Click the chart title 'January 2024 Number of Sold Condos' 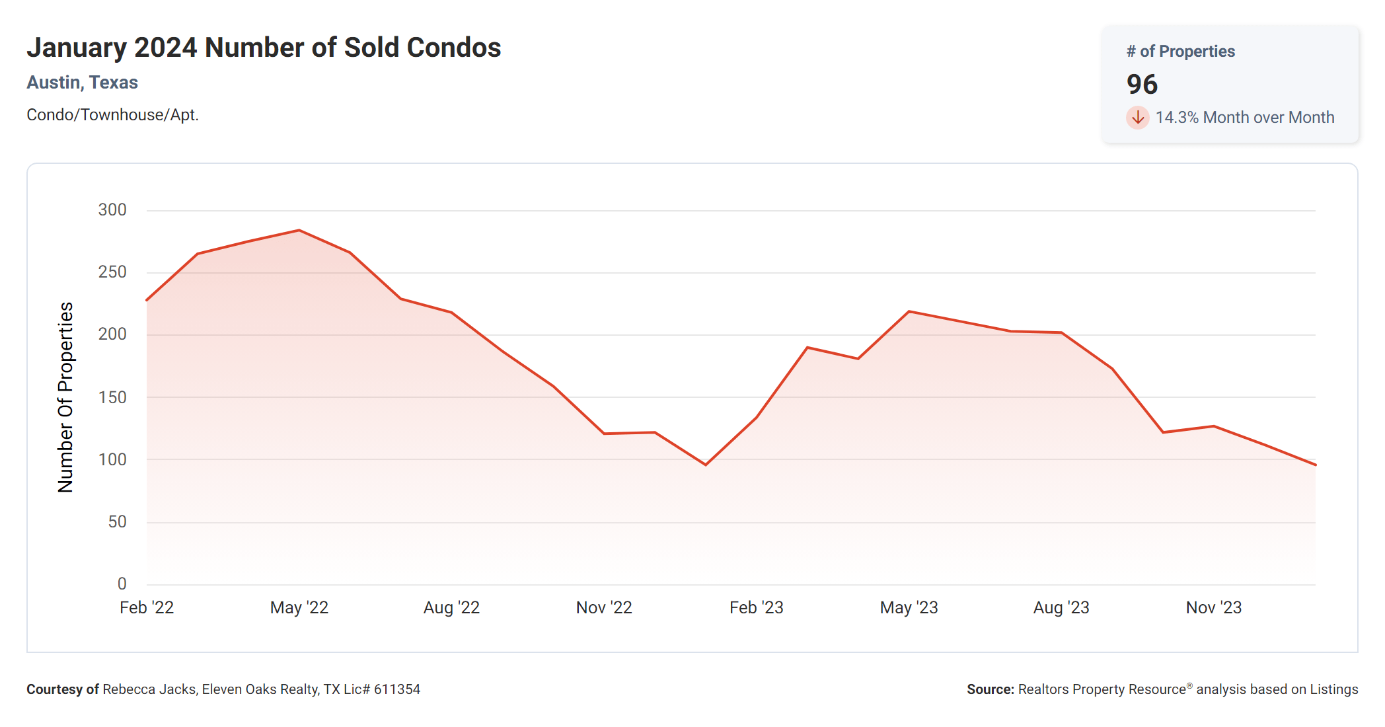pos(264,48)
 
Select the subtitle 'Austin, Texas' pos(82,83)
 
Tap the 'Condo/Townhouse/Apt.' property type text pos(112,115)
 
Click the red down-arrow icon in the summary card pos(1137,118)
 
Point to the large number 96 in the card pos(1142,85)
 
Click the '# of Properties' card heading pos(1180,52)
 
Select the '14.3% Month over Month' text pos(1244,118)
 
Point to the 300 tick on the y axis pos(112,210)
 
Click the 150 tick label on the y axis pos(112,397)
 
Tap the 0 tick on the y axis pos(122,584)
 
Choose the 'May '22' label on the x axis pos(299,607)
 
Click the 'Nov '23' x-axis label pos(1214,607)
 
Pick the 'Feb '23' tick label pos(756,607)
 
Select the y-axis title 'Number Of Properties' pos(65,397)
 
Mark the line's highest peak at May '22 pos(299,231)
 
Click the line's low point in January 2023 pos(706,465)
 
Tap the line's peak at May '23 pos(909,311)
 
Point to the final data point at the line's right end pos(1315,465)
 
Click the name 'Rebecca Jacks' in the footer pos(149,689)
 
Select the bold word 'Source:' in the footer pos(990,689)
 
